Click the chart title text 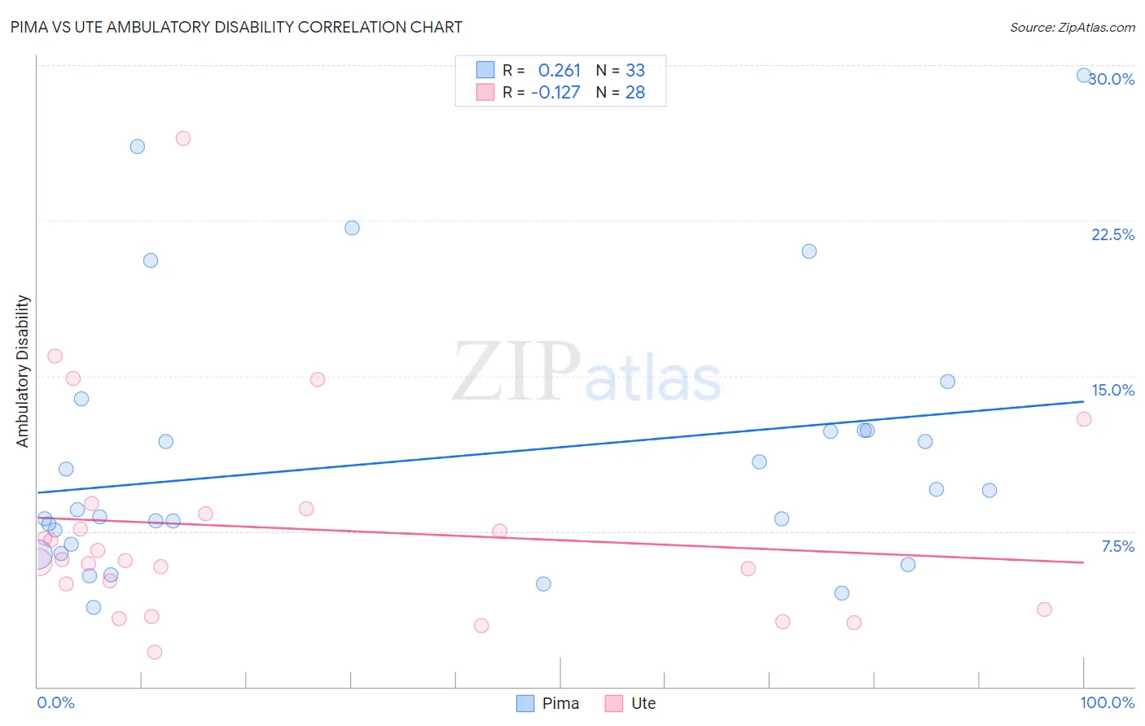(x=236, y=27)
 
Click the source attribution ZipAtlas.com (x=1072, y=27)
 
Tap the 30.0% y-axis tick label (x=1112, y=79)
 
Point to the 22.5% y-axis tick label (x=1112, y=234)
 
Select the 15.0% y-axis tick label (x=1112, y=390)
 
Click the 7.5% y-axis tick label (x=1117, y=546)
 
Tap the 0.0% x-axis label (x=55, y=702)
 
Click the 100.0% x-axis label (x=1107, y=702)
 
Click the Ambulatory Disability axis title (x=23, y=371)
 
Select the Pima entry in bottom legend (x=548, y=703)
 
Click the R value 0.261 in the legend (x=559, y=70)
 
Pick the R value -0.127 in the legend (x=555, y=92)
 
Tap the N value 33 (x=635, y=70)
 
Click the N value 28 (x=635, y=92)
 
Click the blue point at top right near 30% (x=1084, y=75)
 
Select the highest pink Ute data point (x=183, y=138)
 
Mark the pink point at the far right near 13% (x=1084, y=419)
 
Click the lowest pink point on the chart (x=155, y=652)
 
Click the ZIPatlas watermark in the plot (x=586, y=373)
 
